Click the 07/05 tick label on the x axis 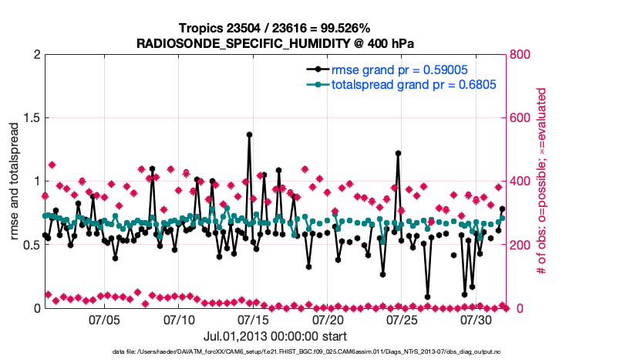pyautogui.click(x=105, y=319)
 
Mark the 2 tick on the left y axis pyautogui.click(x=36, y=55)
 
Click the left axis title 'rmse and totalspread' pyautogui.click(x=15, y=181)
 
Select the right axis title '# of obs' pyautogui.click(x=543, y=181)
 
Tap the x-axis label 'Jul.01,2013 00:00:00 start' pyautogui.click(x=275, y=336)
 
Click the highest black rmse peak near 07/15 pyautogui.click(x=250, y=134)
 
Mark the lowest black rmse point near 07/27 pyautogui.click(x=427, y=297)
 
